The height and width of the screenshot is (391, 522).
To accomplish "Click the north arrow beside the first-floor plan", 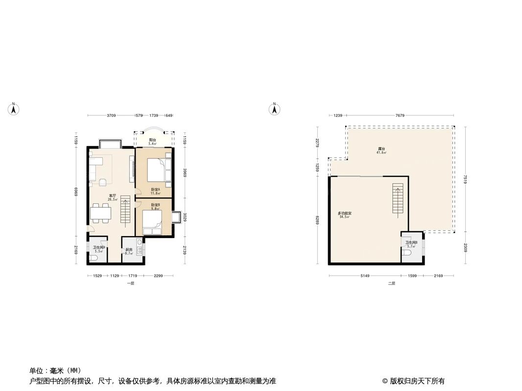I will point(15,109).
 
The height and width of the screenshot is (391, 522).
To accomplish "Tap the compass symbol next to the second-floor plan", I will point(275,109).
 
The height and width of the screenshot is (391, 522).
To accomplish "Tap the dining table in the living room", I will point(100,214).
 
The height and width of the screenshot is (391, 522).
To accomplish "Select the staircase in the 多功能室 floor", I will point(398,199).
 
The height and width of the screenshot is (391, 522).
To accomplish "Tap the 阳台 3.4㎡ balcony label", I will point(152,142).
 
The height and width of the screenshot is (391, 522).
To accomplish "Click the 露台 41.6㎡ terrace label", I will point(381,151).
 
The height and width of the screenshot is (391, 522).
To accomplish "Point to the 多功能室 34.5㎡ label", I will point(345,215).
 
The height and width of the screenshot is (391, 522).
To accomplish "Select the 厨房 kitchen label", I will point(129,251).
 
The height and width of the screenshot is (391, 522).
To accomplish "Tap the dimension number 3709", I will point(111,116).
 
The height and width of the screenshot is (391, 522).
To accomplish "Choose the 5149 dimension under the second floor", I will point(365,276).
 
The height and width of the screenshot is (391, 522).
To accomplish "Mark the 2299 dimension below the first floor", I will point(158,276).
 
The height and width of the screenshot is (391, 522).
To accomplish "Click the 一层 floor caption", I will point(130,283).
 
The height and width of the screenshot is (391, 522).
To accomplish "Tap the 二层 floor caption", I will point(391,283).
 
